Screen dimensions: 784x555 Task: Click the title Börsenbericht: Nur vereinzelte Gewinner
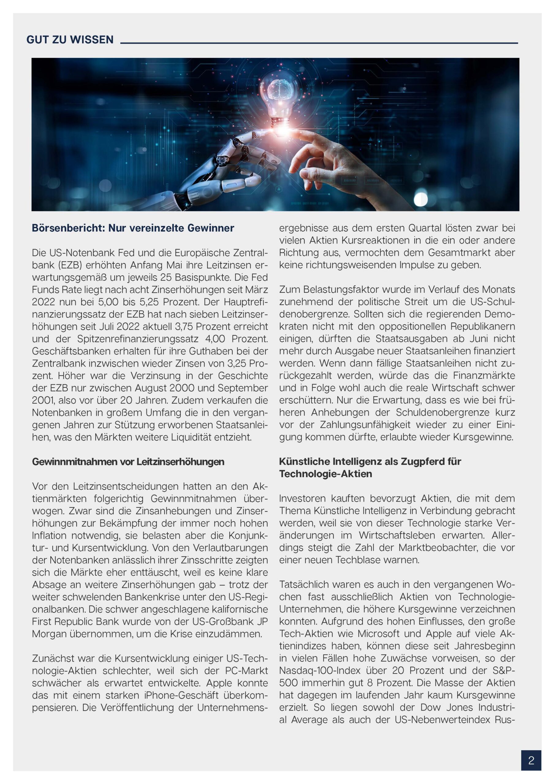coord(133,228)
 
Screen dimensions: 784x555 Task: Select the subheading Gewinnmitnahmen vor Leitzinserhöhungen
coord(128,462)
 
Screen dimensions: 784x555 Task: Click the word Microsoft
coord(378,634)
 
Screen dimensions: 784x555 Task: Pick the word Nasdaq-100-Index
coord(320,671)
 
